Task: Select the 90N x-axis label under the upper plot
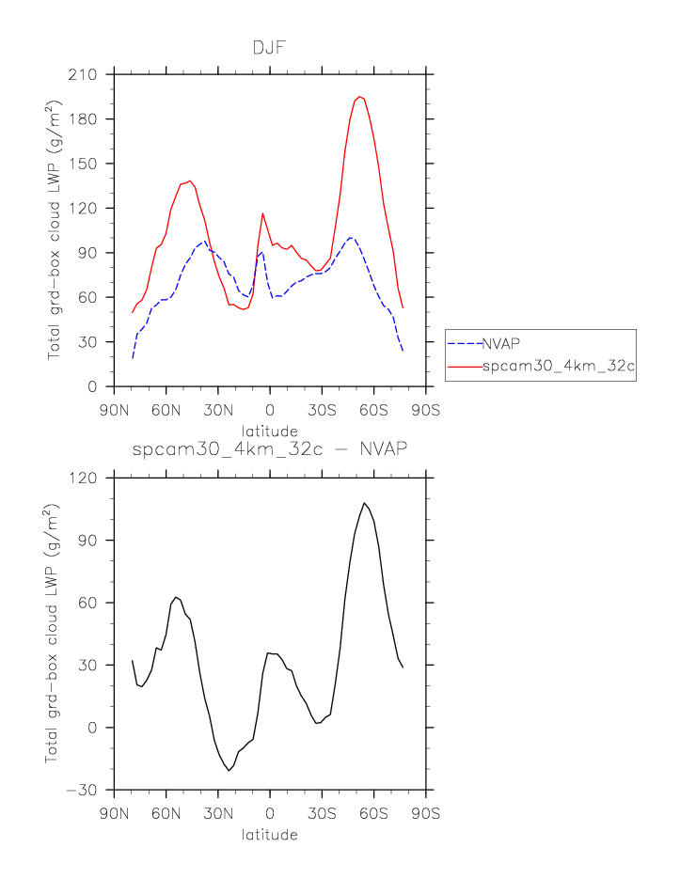click(x=114, y=409)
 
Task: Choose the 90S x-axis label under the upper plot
click(x=426, y=409)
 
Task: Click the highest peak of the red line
click(x=359, y=96)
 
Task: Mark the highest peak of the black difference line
click(x=364, y=503)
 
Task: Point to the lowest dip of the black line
click(x=229, y=771)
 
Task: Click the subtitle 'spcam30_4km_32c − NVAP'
click(x=270, y=449)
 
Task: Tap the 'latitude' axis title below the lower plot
click(x=270, y=835)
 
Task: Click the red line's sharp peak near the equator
click(x=263, y=213)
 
